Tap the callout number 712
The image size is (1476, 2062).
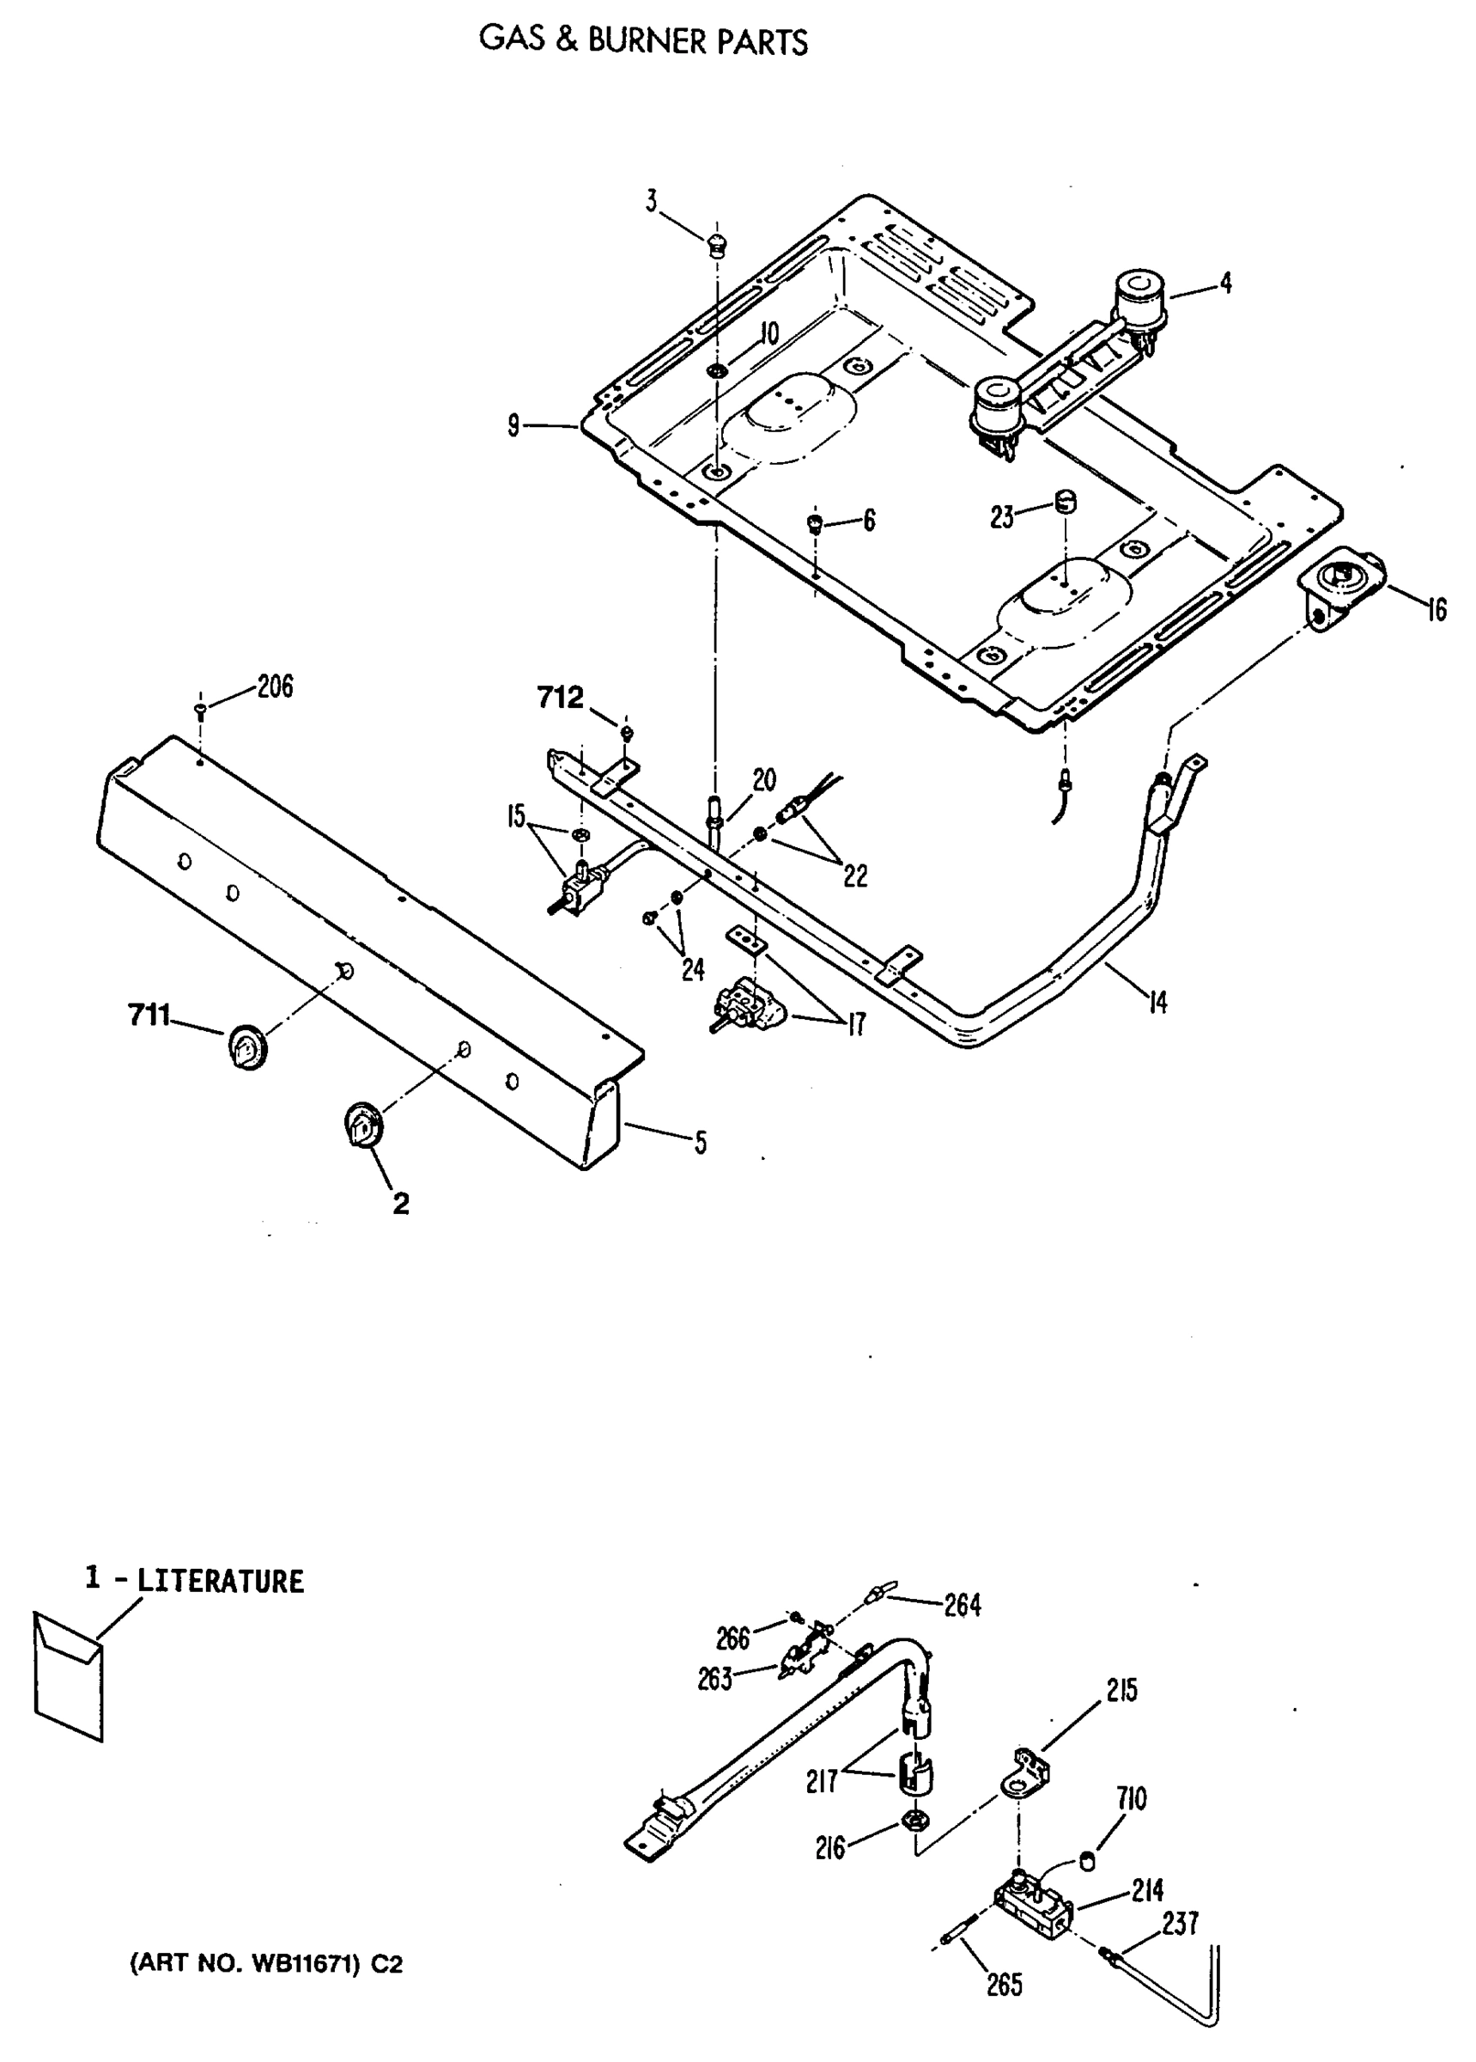click(x=560, y=699)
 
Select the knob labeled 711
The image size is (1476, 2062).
click(x=246, y=1047)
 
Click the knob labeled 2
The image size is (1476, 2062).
click(x=363, y=1126)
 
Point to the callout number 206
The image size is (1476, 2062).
click(x=275, y=686)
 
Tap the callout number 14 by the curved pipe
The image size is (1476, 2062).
click(x=1157, y=1004)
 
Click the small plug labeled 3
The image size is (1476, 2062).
click(x=717, y=245)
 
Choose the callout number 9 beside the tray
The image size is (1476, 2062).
click(x=514, y=425)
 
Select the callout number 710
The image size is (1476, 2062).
click(x=1133, y=1798)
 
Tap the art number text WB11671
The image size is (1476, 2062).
click(x=308, y=1966)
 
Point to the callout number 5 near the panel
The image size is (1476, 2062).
click(x=700, y=1143)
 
